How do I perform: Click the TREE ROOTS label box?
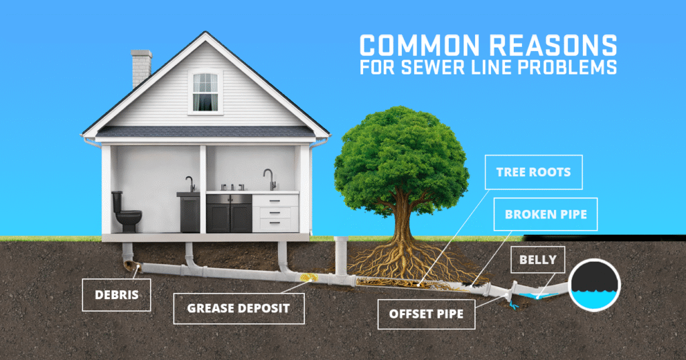533,172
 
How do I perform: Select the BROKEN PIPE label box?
545,214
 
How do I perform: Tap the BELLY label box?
538,259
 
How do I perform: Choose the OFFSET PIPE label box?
426,314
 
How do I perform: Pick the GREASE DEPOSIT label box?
239,308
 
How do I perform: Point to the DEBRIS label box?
117,295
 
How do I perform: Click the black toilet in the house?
126,212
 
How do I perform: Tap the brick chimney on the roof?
141,68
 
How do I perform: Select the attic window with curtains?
205,92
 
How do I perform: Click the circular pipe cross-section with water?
594,285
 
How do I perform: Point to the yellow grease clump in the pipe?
307,278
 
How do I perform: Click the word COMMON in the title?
419,46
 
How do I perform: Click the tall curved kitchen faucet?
269,179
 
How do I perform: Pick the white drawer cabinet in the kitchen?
275,213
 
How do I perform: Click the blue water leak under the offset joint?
514,306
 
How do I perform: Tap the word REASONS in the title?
553,46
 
